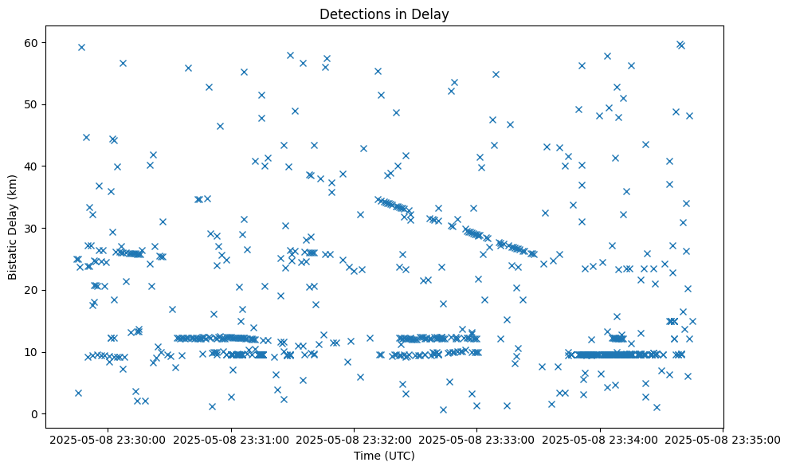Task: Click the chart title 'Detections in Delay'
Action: (385, 14)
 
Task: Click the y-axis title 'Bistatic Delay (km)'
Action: (13, 226)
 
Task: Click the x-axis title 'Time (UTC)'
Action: (385, 456)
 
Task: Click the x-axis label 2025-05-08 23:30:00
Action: (107, 438)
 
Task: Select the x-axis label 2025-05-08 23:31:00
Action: (230, 438)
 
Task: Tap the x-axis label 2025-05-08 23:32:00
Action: (354, 438)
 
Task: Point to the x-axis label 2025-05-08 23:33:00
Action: (476, 438)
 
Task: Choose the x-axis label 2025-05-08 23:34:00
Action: (600, 438)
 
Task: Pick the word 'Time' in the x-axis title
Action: (367, 456)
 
